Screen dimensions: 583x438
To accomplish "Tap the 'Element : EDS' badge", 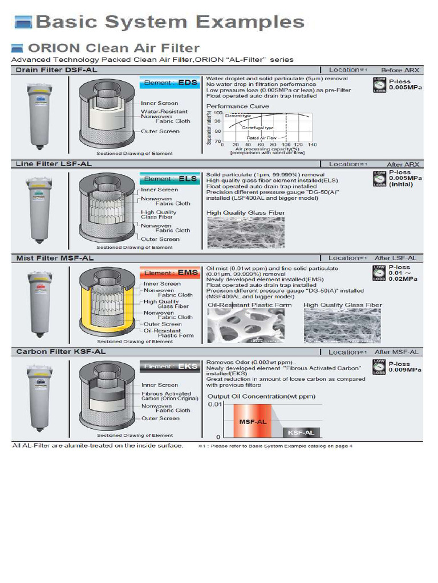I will (171, 83).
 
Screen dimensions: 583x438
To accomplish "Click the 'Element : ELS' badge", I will (171, 179).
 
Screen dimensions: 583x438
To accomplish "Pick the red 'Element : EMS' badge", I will (171, 273).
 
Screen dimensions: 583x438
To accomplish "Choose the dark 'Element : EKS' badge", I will (171, 367).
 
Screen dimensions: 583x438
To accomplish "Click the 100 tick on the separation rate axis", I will (218, 113).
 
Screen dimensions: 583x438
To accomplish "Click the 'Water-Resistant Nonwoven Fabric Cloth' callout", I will (165, 116).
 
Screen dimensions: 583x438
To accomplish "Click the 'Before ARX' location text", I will (404, 70).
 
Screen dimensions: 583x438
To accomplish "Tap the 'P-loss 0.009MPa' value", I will (405, 367).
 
